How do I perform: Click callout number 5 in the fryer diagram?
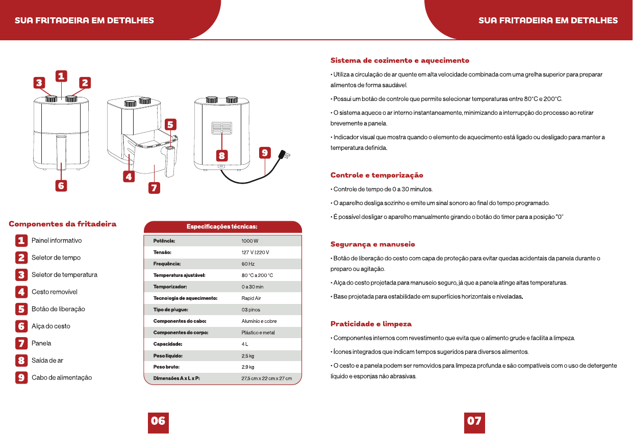tap(170, 124)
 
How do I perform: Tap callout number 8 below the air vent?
tap(222, 156)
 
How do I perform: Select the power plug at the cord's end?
tap(284, 155)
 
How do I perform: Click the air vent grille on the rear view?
tap(222, 128)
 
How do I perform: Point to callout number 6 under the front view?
tap(61, 186)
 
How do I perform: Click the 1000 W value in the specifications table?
tap(250, 241)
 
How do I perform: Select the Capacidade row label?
tap(168, 344)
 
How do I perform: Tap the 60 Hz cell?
tap(248, 264)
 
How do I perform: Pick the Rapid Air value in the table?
tap(251, 298)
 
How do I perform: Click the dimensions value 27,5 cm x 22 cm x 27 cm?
tap(266, 378)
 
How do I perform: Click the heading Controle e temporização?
tap(377, 175)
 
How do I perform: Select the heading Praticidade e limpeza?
tap(371, 324)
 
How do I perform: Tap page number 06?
tap(158, 421)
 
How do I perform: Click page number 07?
tap(474, 421)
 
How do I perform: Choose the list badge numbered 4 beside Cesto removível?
tap(21, 292)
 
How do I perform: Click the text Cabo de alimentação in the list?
tap(62, 377)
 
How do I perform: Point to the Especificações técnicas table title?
tap(222, 226)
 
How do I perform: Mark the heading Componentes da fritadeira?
tap(62, 224)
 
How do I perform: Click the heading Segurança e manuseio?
tap(373, 244)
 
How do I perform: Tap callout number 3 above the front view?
tap(39, 83)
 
